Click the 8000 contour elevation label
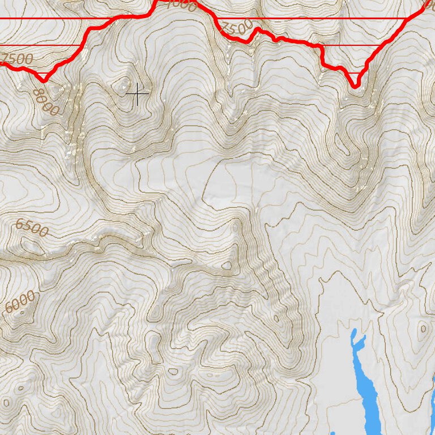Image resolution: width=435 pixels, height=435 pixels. [x=45, y=102]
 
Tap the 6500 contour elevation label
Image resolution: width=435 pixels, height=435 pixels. [x=32, y=228]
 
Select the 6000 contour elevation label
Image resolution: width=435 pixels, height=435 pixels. [x=20, y=302]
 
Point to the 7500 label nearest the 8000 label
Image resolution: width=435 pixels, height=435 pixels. [x=17, y=58]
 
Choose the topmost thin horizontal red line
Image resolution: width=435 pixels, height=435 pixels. [x=204, y=18]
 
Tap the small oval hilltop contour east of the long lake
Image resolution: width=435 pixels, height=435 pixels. [x=423, y=329]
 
